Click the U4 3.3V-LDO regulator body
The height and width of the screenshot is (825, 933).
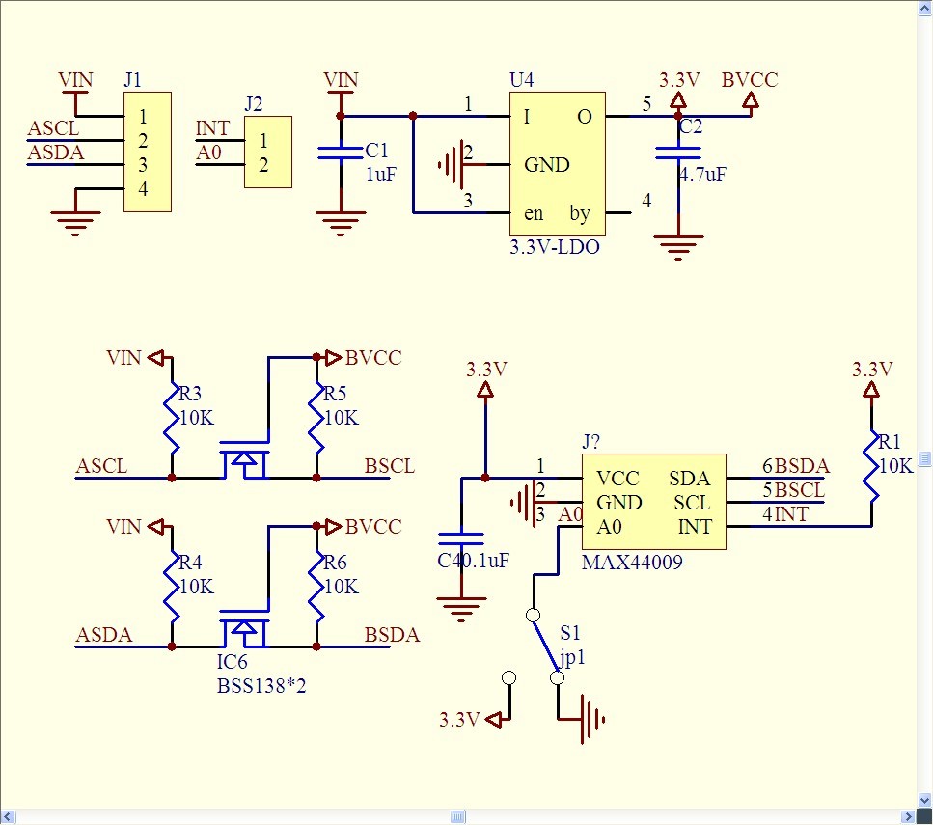tap(558, 164)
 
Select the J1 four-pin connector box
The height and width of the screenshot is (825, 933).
tap(148, 151)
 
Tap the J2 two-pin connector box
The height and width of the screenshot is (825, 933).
tap(268, 151)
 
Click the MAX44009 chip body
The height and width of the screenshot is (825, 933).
tap(654, 502)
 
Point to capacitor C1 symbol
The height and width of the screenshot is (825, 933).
tap(341, 152)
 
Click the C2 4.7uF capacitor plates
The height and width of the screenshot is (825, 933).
tap(677, 153)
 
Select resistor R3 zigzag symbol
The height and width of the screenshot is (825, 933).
tap(172, 418)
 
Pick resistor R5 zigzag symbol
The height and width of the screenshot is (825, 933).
tap(316, 418)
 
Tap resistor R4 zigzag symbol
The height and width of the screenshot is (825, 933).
tap(172, 587)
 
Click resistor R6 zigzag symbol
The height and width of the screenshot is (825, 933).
tap(316, 587)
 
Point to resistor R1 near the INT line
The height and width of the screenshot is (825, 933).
tap(871, 466)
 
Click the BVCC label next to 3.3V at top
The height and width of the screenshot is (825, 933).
tap(750, 80)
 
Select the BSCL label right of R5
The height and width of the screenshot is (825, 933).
tap(390, 465)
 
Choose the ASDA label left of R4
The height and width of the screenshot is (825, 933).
tap(104, 635)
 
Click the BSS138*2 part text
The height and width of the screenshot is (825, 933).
tap(261, 686)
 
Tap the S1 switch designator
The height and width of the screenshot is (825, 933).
tap(570, 632)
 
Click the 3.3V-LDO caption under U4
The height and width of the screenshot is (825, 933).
tap(555, 246)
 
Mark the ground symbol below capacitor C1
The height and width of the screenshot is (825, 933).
tap(341, 223)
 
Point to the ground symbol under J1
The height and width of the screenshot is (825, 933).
tap(75, 223)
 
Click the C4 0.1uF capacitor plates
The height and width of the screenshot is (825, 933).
tap(461, 538)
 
